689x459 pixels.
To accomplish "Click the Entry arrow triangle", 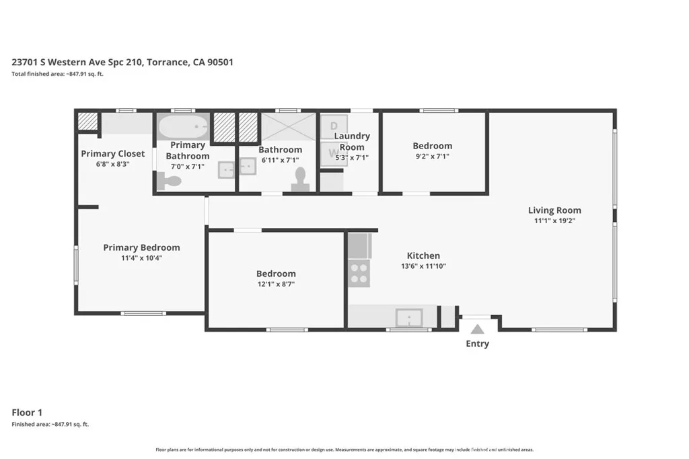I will [477, 329].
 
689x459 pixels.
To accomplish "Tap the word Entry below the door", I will [477, 344].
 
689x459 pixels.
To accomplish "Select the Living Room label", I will [554, 210].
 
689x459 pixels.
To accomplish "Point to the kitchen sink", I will [408, 317].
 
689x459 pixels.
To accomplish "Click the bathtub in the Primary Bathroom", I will [183, 126].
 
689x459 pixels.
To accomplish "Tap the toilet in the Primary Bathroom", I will [170, 181].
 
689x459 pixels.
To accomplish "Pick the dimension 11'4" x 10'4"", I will [141, 257].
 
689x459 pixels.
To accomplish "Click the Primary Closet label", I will [113, 154].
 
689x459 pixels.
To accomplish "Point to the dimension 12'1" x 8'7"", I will [276, 284].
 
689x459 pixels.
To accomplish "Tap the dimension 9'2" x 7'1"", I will [432, 156].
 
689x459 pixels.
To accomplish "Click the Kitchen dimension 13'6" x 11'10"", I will [423, 265].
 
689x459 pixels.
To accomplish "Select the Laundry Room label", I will [352, 142].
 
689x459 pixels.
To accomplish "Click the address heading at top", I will [122, 62].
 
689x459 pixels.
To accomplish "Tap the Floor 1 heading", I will [28, 413].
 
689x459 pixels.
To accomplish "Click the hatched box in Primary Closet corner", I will [87, 121].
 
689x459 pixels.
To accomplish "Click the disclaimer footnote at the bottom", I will [344, 450].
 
